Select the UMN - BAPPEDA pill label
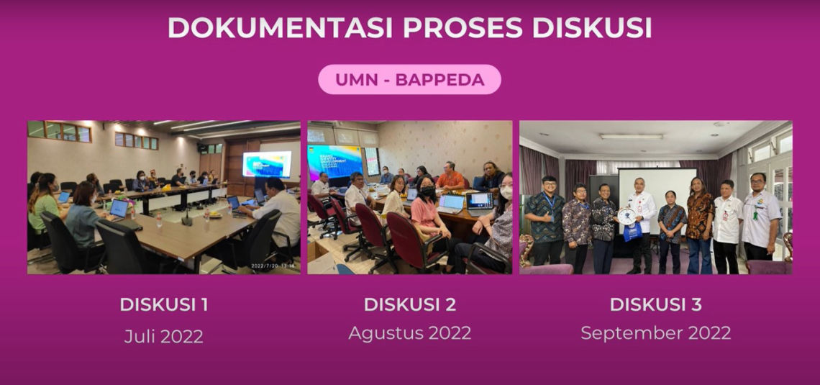pos(409,80)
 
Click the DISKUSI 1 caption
pos(164,304)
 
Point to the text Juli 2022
pos(164,336)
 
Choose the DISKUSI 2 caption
pos(409,304)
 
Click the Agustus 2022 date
pos(409,333)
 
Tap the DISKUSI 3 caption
pos(655,304)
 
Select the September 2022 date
pos(655,333)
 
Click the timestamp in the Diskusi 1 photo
pos(273,266)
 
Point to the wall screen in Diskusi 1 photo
pos(266,164)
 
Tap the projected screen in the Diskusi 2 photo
pos(334,164)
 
